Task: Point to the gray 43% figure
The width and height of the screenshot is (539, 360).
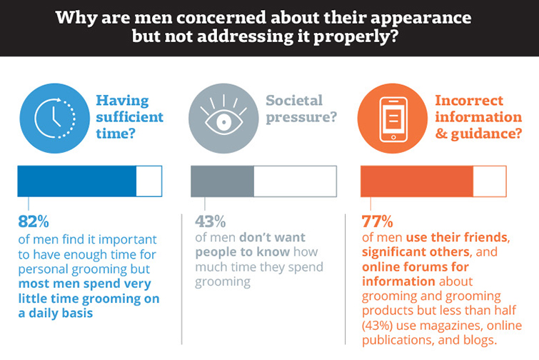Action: [210, 221]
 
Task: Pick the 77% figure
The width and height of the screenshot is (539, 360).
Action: [378, 221]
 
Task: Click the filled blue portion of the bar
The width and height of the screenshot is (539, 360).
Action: [76, 181]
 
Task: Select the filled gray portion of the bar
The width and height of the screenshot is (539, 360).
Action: [222, 181]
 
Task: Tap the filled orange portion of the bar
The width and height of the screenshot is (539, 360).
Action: [417, 181]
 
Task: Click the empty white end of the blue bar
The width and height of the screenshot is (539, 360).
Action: [149, 181]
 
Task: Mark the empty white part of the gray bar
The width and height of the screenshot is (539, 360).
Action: [295, 181]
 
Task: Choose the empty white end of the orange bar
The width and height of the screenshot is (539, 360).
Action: [490, 181]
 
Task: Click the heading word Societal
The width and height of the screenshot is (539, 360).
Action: [294, 101]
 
